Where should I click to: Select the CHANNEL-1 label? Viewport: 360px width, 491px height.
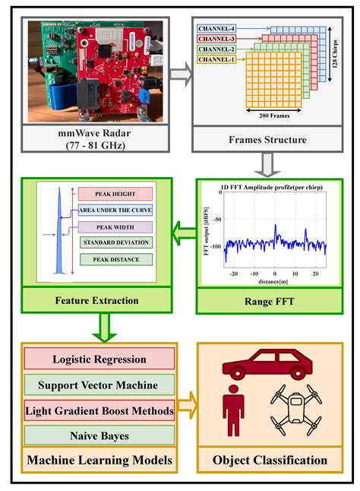(x=216, y=59)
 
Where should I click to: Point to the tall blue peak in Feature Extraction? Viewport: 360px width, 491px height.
(x=57, y=228)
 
